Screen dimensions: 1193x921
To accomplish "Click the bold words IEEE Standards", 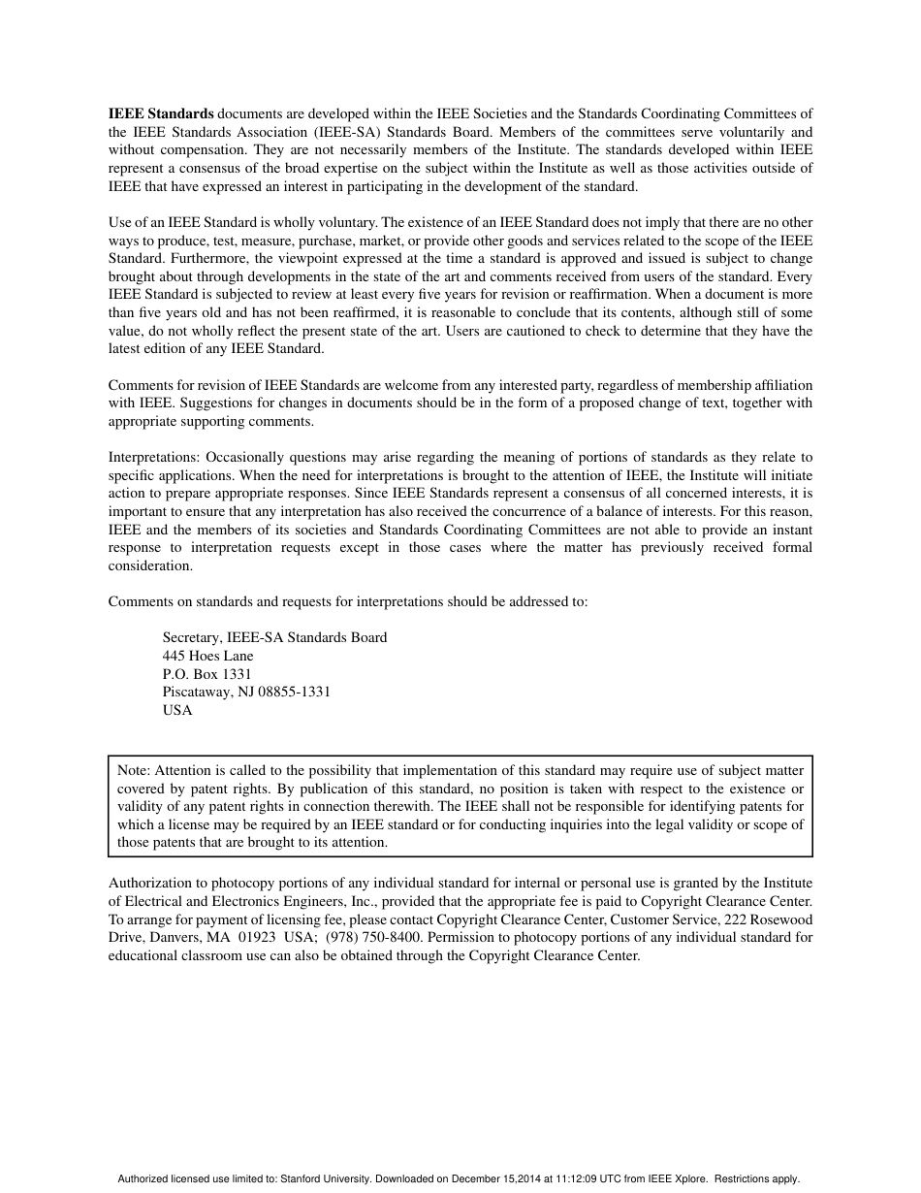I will (x=161, y=113).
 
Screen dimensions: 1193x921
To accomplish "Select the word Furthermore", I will (x=208, y=259).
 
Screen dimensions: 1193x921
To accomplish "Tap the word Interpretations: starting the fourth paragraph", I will (x=154, y=457).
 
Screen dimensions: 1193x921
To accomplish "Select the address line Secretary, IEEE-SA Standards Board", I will (x=274, y=637).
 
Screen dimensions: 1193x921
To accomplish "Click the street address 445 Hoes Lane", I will (x=207, y=656).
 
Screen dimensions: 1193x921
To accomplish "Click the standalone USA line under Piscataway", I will (x=177, y=710).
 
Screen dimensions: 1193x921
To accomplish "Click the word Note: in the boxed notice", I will (x=135, y=769).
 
